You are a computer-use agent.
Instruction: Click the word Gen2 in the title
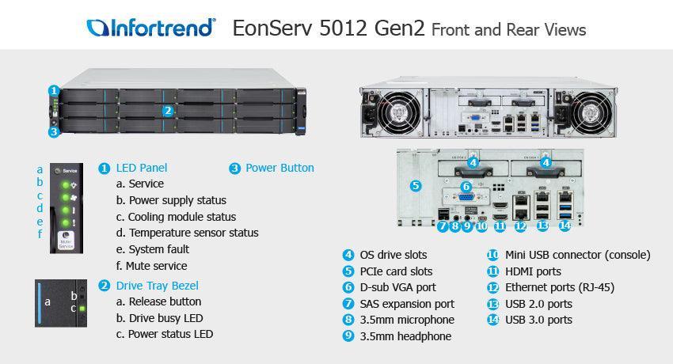point(401,29)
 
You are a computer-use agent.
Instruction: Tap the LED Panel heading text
point(142,168)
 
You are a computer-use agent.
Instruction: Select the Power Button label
point(279,168)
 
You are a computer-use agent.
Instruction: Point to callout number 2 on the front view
point(168,112)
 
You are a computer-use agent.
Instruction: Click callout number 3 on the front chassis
point(54,132)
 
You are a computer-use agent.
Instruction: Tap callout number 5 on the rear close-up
point(416,186)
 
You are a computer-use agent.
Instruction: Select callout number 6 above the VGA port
point(466,186)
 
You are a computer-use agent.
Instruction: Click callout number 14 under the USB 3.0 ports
point(565,226)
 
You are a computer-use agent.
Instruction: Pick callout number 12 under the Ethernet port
point(520,226)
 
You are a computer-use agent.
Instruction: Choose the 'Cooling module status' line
point(181,217)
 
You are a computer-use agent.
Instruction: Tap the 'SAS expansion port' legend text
point(407,303)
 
